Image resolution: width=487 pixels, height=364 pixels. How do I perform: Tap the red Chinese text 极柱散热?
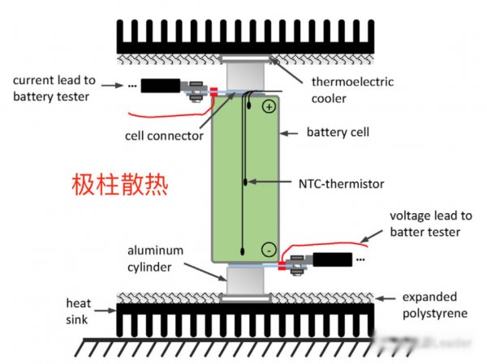(119, 185)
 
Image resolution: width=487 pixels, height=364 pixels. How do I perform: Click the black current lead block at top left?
(162, 85)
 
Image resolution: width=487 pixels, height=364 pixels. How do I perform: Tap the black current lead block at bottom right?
(331, 261)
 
